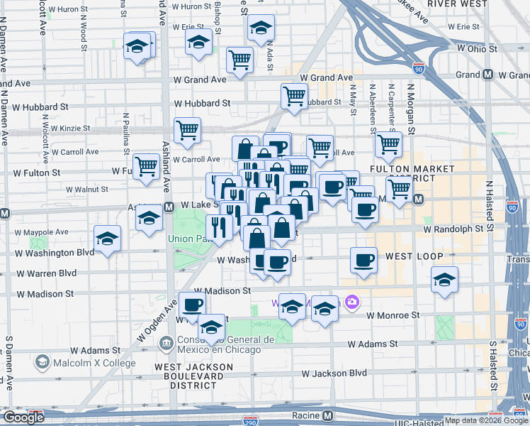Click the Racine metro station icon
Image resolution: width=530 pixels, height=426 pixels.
[x=327, y=415]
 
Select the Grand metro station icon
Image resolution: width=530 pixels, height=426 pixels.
[x=487, y=75]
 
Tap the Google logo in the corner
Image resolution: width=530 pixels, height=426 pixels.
[x=23, y=417]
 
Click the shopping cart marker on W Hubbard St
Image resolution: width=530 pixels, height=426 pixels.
[x=293, y=96]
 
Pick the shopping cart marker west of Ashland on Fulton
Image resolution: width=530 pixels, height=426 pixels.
[x=146, y=166]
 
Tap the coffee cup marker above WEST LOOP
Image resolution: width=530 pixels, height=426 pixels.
[x=363, y=260]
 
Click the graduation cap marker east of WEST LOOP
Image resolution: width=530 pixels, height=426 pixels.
[x=444, y=279]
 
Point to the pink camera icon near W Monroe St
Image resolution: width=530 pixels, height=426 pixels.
[x=351, y=303]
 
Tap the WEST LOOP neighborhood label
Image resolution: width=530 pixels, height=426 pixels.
[x=415, y=256]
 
